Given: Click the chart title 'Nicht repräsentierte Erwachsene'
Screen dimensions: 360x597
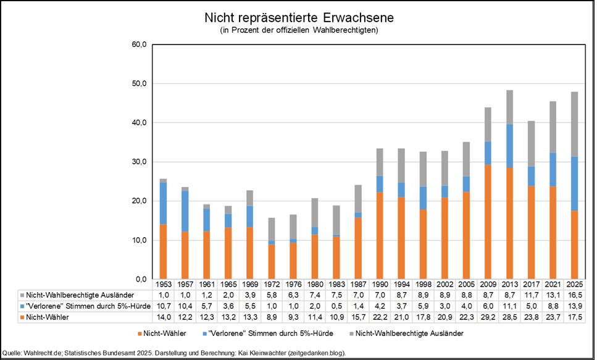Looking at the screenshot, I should point(298,17).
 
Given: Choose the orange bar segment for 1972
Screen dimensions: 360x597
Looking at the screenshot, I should point(272,261).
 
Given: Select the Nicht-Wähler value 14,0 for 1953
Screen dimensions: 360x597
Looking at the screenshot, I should point(163,317).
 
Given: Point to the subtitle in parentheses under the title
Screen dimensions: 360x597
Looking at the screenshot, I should point(298,30).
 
